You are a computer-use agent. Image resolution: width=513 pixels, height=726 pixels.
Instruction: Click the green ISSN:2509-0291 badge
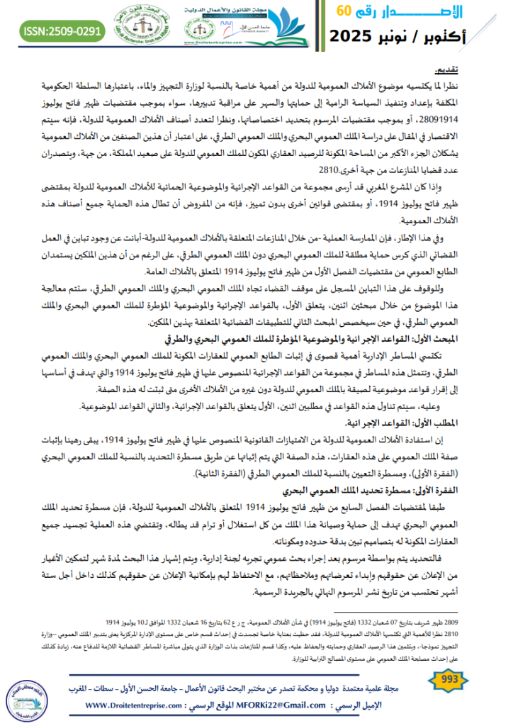(x=63, y=31)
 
